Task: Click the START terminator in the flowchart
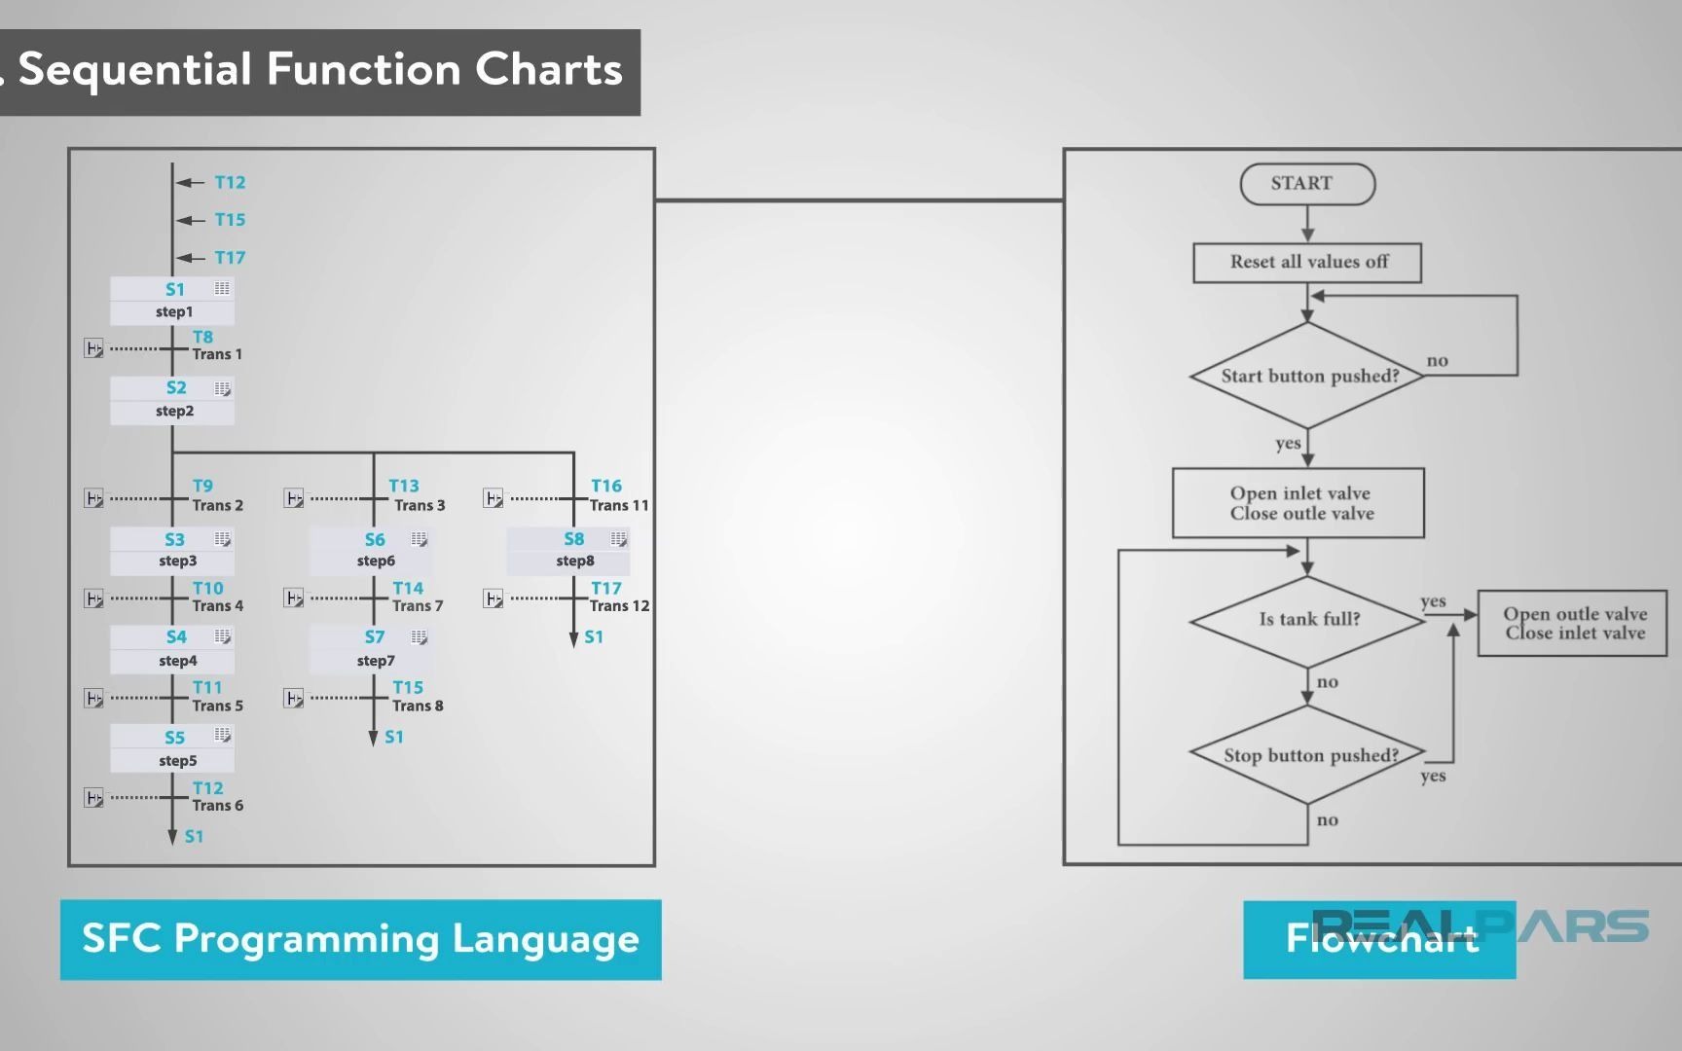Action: click(x=1306, y=184)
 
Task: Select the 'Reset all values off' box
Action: click(x=1306, y=263)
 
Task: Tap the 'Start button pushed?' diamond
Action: click(x=1307, y=376)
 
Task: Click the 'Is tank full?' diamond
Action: click(x=1307, y=620)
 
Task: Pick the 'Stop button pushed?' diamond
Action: click(x=1307, y=755)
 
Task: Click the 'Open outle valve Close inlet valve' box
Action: click(x=1572, y=623)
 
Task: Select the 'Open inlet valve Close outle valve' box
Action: click(x=1298, y=503)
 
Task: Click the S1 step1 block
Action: click(x=172, y=300)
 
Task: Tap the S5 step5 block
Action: click(x=172, y=748)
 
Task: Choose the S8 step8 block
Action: click(x=568, y=550)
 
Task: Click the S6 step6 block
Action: click(x=371, y=550)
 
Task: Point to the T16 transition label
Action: click(x=605, y=486)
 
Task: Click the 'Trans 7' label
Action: click(x=418, y=606)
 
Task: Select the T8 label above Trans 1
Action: click(x=202, y=337)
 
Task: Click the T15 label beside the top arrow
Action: click(x=230, y=220)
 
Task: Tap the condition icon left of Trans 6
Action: click(x=93, y=798)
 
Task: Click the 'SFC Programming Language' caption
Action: click(x=360, y=939)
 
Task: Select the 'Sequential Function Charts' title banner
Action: click(x=319, y=71)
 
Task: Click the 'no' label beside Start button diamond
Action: click(x=1437, y=361)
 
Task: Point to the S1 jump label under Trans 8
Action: click(x=394, y=738)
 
